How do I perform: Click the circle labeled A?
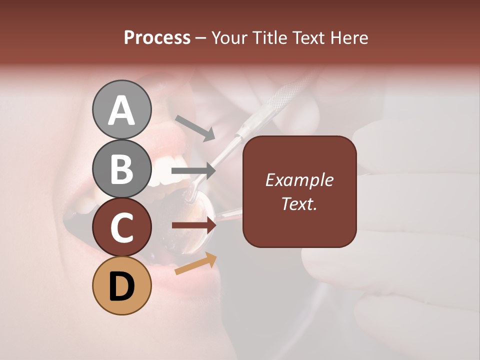(121, 109)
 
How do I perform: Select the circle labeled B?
(121, 168)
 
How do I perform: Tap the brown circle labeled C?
(121, 227)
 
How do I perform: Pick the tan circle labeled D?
(121, 285)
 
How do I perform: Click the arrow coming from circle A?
(195, 127)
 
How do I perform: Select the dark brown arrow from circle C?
(194, 226)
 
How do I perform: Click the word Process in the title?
(157, 37)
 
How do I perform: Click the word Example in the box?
(299, 180)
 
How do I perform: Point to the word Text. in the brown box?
(299, 203)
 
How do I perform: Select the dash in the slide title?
(200, 38)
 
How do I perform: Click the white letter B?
(121, 168)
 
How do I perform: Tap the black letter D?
(121, 286)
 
